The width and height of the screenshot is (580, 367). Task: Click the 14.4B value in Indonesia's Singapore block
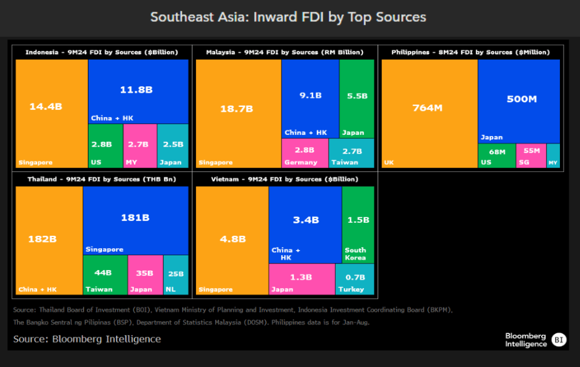click(45, 106)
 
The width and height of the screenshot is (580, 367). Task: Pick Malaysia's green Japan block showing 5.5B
click(357, 98)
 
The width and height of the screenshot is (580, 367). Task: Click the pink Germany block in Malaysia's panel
click(304, 152)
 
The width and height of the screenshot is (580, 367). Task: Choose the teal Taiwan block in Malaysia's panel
click(352, 152)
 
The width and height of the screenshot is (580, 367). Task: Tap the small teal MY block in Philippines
click(553, 156)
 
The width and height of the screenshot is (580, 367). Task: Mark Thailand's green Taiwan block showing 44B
click(105, 274)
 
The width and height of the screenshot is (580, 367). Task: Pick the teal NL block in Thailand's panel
click(176, 274)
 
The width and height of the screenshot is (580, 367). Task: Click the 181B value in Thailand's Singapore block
click(135, 217)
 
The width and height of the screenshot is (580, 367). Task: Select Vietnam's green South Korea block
click(358, 225)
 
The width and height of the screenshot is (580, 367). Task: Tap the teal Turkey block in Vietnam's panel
click(355, 279)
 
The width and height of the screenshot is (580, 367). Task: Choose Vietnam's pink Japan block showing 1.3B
click(302, 279)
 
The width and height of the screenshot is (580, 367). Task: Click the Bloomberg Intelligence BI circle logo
click(559, 339)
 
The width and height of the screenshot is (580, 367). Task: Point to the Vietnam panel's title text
click(282, 179)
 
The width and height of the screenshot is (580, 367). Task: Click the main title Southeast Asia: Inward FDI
click(288, 17)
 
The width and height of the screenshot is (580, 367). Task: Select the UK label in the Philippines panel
click(389, 163)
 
